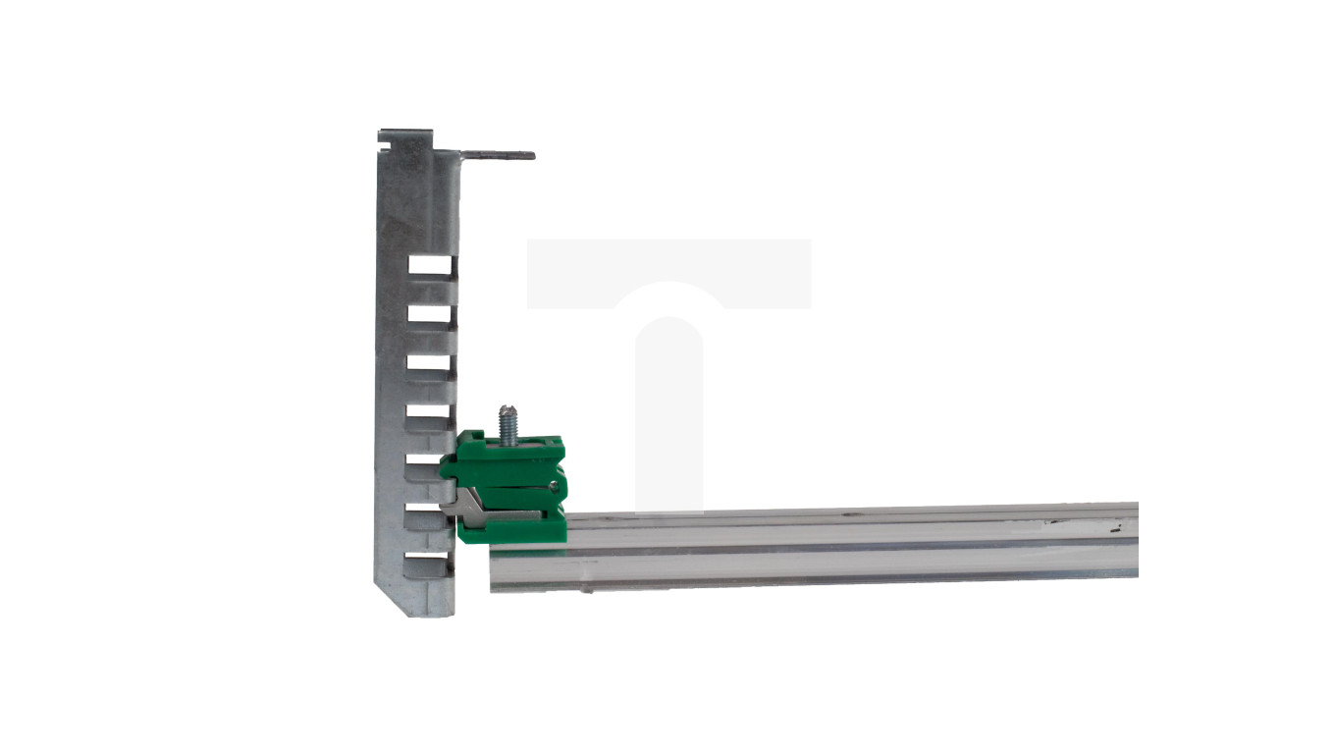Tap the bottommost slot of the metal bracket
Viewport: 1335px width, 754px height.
click(431, 565)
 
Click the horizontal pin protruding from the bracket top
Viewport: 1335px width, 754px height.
click(498, 155)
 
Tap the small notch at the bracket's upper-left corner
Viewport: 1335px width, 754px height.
click(385, 149)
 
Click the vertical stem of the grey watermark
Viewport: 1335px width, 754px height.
click(668, 412)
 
